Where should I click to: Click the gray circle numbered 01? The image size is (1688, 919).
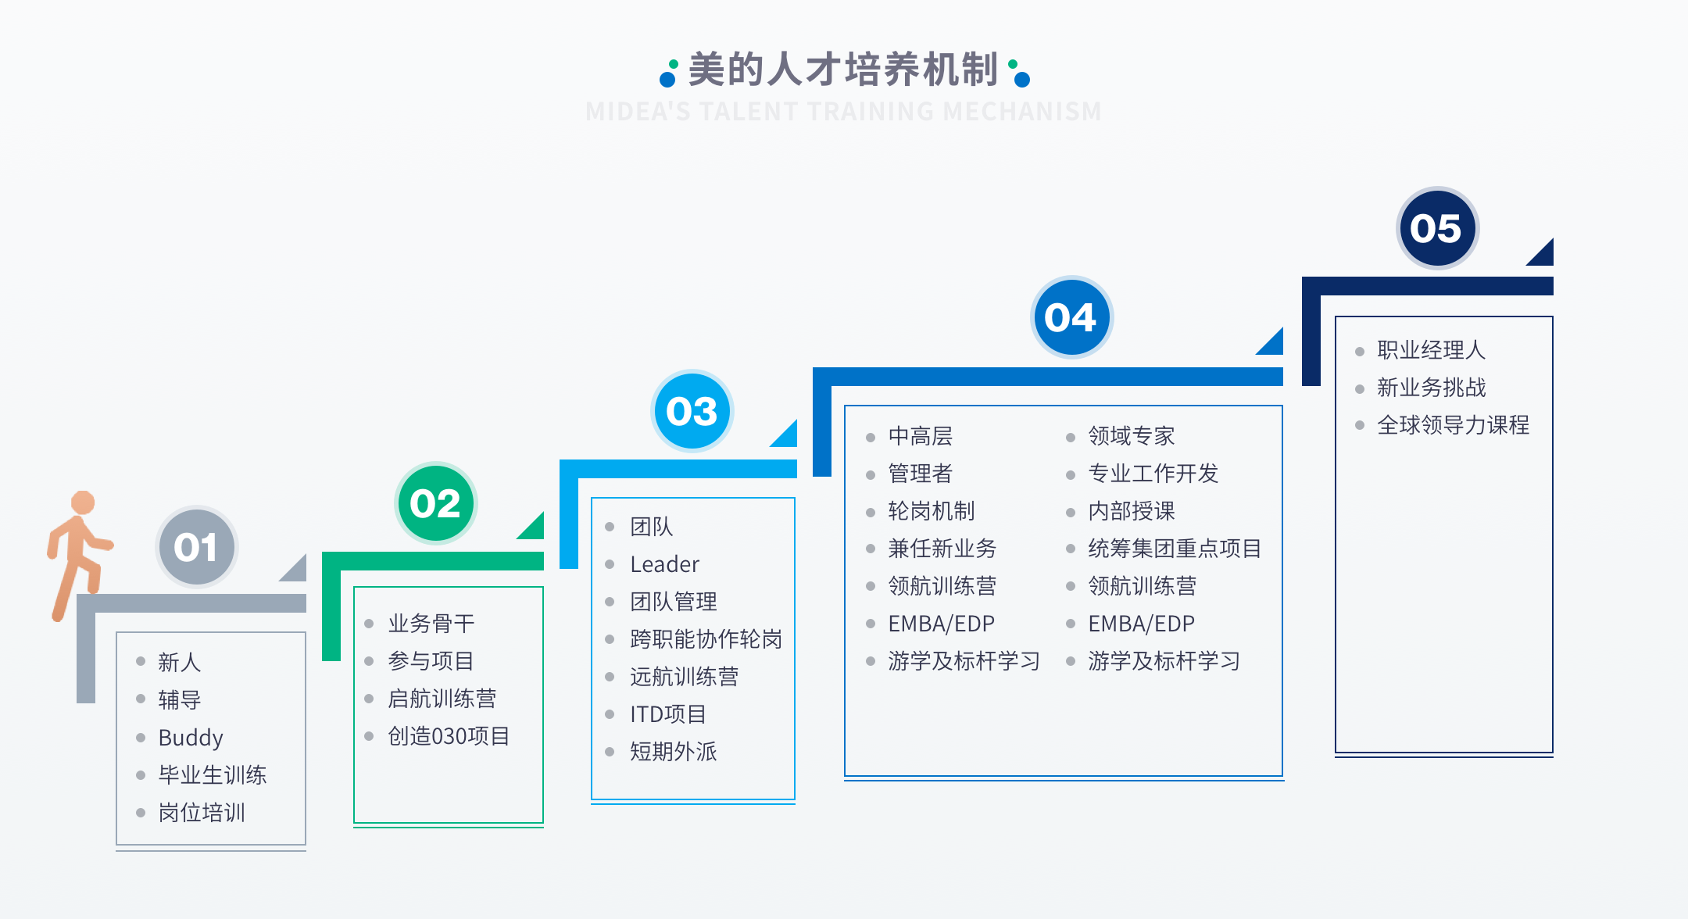coord(196,547)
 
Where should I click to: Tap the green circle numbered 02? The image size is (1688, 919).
coord(435,503)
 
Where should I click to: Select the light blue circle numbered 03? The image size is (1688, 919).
coord(692,411)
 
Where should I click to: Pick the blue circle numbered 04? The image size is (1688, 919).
coord(1071,317)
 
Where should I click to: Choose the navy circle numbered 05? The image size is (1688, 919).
coord(1436,228)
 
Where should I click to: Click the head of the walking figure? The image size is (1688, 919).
coord(83,502)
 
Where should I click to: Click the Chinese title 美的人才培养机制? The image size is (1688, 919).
coord(843,70)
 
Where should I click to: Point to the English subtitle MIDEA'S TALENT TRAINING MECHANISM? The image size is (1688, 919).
coord(843,112)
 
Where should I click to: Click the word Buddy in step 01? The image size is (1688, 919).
coord(191,738)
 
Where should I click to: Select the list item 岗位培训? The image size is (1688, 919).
coord(202,813)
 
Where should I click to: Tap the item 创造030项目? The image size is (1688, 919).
coord(449,736)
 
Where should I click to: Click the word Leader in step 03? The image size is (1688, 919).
coord(664,564)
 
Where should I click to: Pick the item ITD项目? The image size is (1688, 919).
coord(668,714)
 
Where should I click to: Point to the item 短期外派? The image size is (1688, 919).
coord(674,752)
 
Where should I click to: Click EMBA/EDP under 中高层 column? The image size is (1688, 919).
coord(941,624)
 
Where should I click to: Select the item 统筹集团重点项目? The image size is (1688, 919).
coord(1175,549)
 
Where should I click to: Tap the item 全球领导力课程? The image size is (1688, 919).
coord(1453,425)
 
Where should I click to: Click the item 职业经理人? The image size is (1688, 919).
coord(1431,350)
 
